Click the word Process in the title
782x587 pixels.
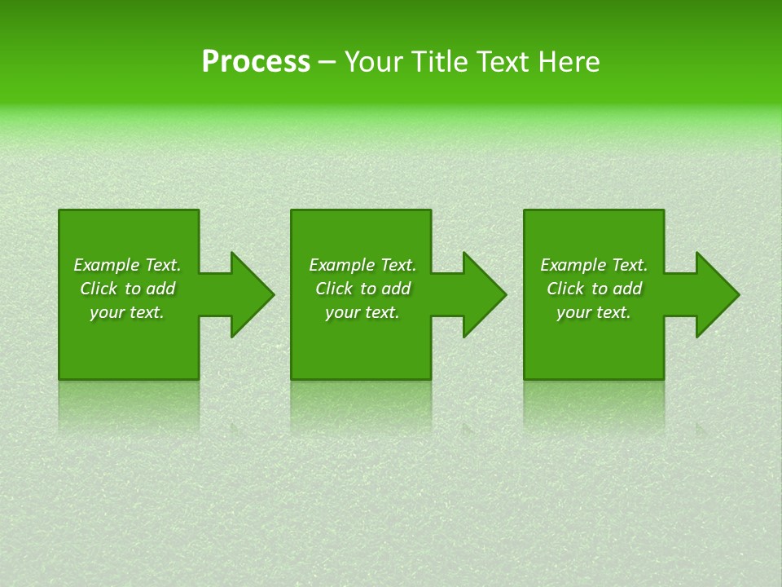click(x=256, y=62)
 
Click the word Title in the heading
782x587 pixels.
click(x=439, y=62)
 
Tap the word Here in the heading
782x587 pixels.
click(x=570, y=62)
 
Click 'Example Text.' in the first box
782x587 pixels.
click(x=127, y=265)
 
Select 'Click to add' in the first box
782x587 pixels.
click(x=127, y=289)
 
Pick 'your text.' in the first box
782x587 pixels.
click(x=127, y=312)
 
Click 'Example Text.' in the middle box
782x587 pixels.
click(x=362, y=265)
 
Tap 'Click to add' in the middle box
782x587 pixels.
click(x=362, y=289)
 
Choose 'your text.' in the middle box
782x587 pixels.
click(x=362, y=312)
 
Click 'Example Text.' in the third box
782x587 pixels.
click(x=594, y=265)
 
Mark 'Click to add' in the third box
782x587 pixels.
click(x=594, y=289)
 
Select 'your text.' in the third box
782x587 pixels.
click(x=594, y=312)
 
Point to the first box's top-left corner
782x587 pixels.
click(x=60, y=211)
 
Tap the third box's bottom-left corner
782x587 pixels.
click(x=525, y=377)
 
